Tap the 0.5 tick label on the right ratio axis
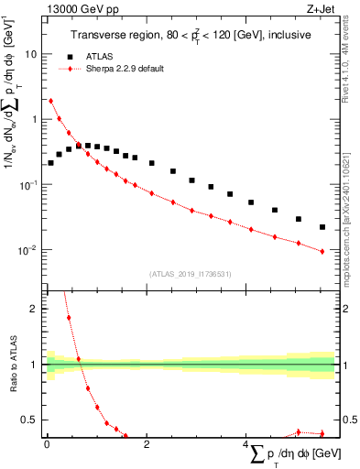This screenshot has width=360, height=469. tap(348, 420)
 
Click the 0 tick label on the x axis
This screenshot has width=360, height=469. tap(47, 444)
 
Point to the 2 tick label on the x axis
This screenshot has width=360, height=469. tap(146, 444)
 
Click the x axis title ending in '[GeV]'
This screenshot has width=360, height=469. tap(292, 453)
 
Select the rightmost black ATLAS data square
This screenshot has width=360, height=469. tap(322, 226)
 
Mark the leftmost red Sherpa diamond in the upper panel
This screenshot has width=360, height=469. tap(50, 101)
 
